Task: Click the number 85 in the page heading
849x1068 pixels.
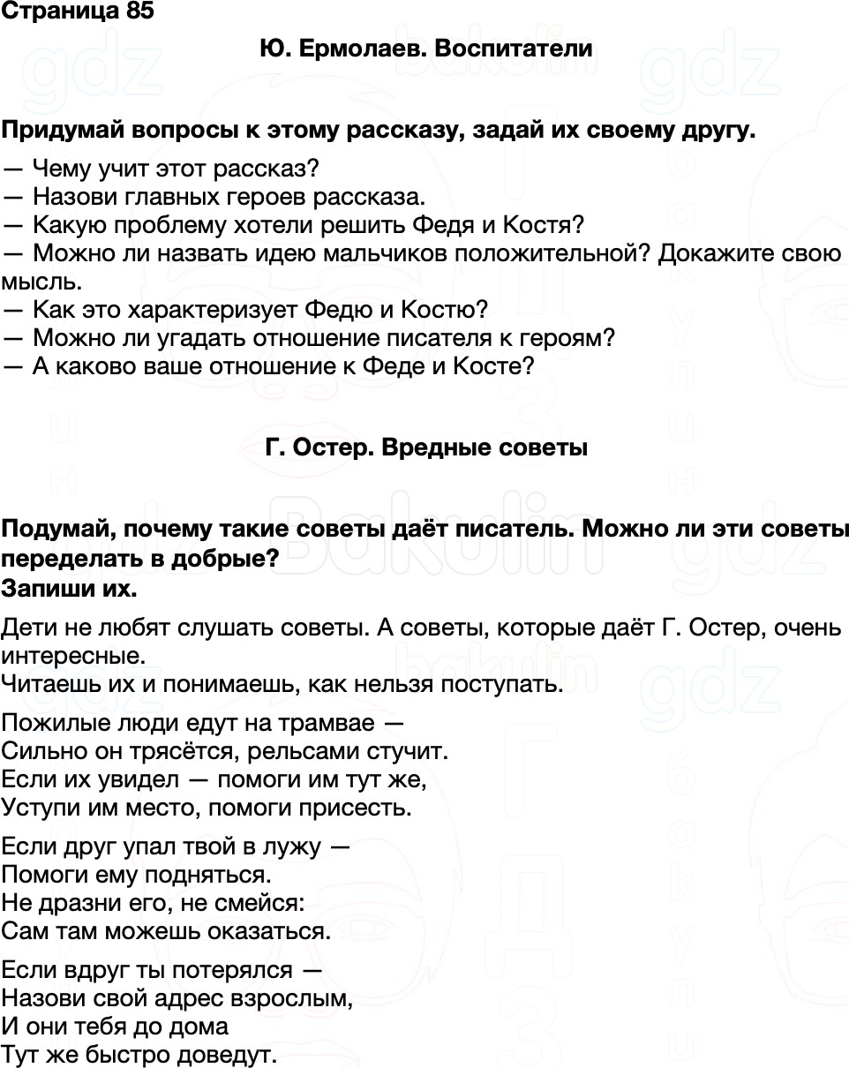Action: coord(139,11)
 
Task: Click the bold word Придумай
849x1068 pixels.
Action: coord(62,131)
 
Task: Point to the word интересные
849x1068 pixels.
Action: coord(71,656)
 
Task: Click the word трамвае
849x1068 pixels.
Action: coord(327,722)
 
